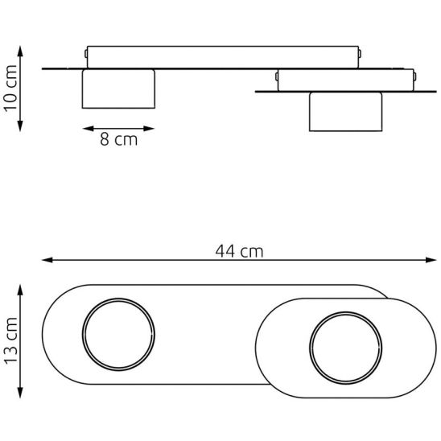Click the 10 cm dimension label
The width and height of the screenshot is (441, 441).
[x=11, y=89]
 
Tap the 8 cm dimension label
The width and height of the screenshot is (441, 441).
[x=118, y=139]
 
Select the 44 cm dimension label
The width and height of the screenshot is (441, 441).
[x=239, y=251]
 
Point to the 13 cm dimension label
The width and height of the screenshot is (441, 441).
[x=11, y=341]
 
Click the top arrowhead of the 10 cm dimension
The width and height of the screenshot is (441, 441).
[x=20, y=51]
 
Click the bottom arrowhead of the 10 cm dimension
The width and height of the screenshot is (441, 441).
[x=20, y=126]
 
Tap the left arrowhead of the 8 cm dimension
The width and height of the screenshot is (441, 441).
[x=88, y=129]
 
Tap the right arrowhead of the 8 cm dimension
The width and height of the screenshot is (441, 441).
[x=149, y=129]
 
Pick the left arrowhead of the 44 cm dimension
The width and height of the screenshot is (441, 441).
[x=47, y=260]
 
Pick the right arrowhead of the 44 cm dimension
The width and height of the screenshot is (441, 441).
[x=431, y=260]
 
